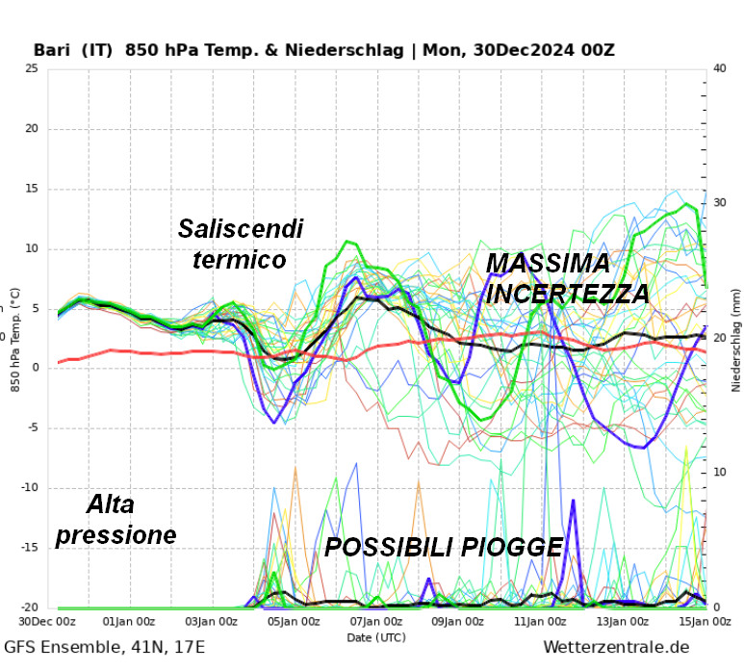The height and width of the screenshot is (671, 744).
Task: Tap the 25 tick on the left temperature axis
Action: tap(32, 68)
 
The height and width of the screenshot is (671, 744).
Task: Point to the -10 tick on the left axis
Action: tap(29, 487)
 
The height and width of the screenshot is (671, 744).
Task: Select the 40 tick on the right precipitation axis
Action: tap(718, 68)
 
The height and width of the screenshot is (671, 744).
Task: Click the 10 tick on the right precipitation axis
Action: tap(718, 473)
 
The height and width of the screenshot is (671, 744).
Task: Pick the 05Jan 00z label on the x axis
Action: tap(293, 622)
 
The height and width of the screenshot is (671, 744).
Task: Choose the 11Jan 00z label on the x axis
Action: tap(540, 622)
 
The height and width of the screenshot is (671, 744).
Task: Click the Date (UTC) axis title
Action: tap(375, 636)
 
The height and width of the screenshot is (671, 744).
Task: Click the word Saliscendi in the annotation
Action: tap(241, 229)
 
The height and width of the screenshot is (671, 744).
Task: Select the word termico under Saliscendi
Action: tap(239, 260)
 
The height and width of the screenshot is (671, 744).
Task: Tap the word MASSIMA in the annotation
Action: tap(548, 263)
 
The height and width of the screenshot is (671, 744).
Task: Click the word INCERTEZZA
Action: tap(568, 294)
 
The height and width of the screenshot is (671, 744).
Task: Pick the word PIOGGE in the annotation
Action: tap(508, 547)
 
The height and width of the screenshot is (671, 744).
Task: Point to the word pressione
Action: tap(116, 534)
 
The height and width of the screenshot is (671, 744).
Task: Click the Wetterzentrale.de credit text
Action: tap(616, 647)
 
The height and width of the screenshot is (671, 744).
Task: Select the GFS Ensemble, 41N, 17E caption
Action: tap(105, 647)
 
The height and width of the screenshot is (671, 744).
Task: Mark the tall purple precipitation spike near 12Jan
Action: tap(574, 503)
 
